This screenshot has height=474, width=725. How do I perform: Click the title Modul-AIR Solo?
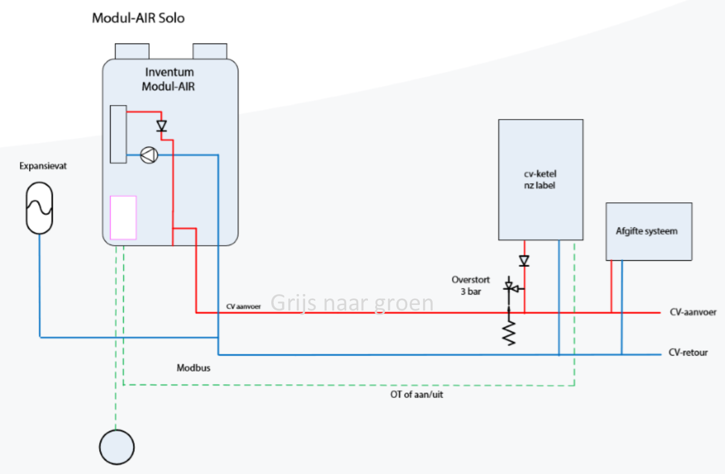point(138,18)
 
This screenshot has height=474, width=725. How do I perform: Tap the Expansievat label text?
point(39,166)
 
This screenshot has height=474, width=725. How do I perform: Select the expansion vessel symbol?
point(39,208)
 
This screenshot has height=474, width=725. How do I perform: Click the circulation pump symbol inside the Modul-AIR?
point(148,156)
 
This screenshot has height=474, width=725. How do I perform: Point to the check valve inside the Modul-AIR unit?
point(161,126)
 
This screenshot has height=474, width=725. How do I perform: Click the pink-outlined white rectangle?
point(123,217)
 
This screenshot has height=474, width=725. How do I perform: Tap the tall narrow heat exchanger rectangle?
point(118,134)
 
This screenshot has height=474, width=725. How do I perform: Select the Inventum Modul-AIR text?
point(169,79)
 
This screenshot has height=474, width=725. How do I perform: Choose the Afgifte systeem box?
point(649,231)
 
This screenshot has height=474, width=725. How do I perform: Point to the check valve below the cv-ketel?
point(524,261)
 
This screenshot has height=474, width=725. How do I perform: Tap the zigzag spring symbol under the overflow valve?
point(509,332)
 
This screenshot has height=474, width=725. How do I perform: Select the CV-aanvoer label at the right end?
point(692,312)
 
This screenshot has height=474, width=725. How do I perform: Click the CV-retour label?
point(689,353)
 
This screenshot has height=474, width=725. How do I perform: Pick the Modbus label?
point(193,368)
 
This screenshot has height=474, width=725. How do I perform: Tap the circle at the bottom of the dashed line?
point(117,445)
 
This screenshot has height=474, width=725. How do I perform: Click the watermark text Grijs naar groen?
point(352,302)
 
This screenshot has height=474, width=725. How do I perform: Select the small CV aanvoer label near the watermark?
point(243,306)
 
